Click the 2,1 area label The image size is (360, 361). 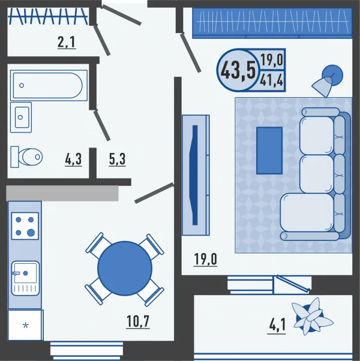(67, 43)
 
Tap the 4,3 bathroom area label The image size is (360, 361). (73, 160)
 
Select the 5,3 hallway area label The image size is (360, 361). (117, 160)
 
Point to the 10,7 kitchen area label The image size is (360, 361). (138, 322)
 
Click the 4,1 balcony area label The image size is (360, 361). (277, 325)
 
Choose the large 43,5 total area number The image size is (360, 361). (238, 70)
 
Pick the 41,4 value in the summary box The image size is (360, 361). (272, 80)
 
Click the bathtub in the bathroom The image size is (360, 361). (49, 85)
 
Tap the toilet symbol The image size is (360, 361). (26, 157)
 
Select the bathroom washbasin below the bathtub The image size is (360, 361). (21, 118)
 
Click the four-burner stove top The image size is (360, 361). (25, 226)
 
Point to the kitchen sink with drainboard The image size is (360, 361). (25, 278)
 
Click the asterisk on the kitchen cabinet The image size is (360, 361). (26, 326)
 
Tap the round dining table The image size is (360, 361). (125, 269)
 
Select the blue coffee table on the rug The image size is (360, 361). (269, 151)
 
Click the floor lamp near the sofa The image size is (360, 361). (327, 80)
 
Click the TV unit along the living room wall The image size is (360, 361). (196, 175)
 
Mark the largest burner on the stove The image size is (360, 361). (31, 233)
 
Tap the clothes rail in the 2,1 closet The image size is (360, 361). (48, 17)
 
